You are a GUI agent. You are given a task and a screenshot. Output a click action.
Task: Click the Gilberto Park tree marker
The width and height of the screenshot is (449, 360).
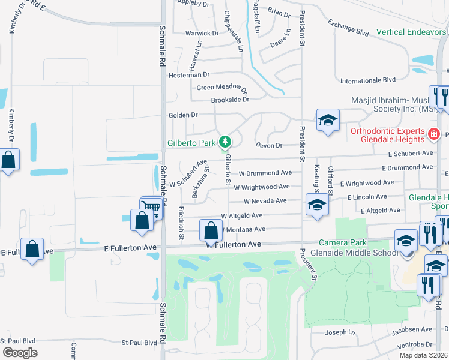click(x=225, y=142)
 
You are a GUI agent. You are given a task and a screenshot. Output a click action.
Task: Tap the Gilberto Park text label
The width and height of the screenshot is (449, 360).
click(x=190, y=143)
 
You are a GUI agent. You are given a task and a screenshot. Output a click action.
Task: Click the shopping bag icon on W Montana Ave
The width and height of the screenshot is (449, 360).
click(x=211, y=230)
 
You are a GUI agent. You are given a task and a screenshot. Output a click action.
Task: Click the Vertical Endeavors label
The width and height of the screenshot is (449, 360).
click(x=412, y=32)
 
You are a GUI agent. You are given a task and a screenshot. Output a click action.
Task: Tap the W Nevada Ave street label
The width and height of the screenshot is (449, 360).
click(x=265, y=201)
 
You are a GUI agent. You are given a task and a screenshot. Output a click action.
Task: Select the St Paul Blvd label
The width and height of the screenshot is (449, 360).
click(x=139, y=343)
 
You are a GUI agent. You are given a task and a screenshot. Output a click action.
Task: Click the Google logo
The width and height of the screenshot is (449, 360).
click(x=20, y=353)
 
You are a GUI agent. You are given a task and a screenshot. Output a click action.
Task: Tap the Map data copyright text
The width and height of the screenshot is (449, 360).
click(x=423, y=355)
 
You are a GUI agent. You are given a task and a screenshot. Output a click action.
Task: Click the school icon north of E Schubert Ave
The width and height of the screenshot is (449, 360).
click(x=328, y=119)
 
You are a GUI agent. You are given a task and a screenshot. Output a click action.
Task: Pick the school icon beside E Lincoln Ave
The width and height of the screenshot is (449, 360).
click(x=316, y=204)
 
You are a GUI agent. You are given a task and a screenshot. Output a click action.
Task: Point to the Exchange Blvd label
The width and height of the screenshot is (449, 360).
click(x=348, y=28)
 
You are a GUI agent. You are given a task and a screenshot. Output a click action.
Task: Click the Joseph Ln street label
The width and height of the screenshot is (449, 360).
click(x=340, y=332)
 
